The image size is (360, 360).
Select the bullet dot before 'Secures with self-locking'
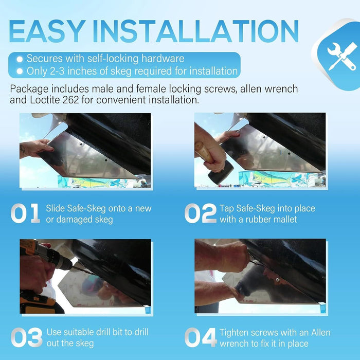tap(20, 59)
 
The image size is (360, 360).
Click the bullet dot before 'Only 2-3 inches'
tap(20, 71)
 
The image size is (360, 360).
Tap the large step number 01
tap(25, 213)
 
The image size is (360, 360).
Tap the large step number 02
tap(201, 213)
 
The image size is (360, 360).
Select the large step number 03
tap(27, 337)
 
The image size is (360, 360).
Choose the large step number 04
tap(201, 337)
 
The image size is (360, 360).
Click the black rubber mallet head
tap(221, 172)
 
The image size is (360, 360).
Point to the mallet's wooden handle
tap(204, 152)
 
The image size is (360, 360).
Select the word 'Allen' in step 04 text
tap(321, 332)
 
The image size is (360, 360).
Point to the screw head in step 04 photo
tap(278, 280)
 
